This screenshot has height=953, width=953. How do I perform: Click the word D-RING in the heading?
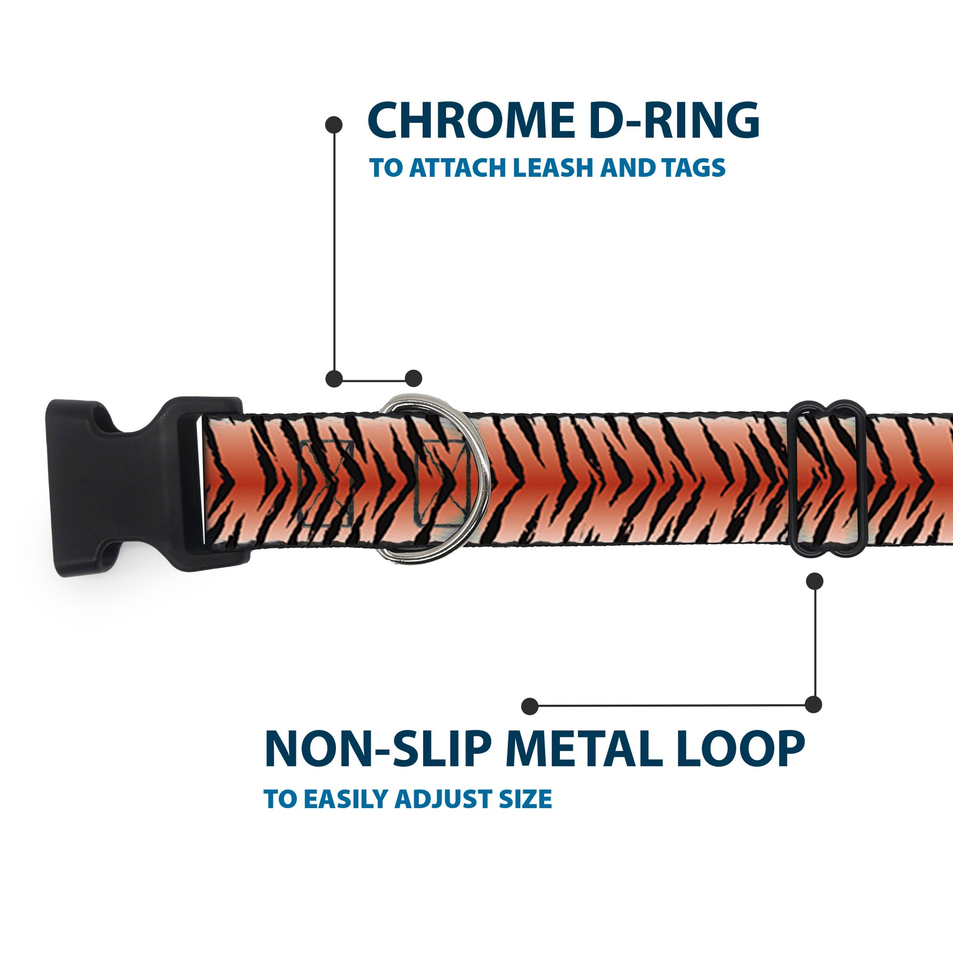(x=674, y=121)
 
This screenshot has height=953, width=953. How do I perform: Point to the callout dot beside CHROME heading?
(x=334, y=124)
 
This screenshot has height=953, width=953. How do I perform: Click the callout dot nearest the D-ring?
(x=413, y=379)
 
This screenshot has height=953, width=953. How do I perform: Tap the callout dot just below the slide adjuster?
(x=814, y=581)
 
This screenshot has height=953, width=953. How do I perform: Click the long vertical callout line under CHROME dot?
(x=334, y=252)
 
